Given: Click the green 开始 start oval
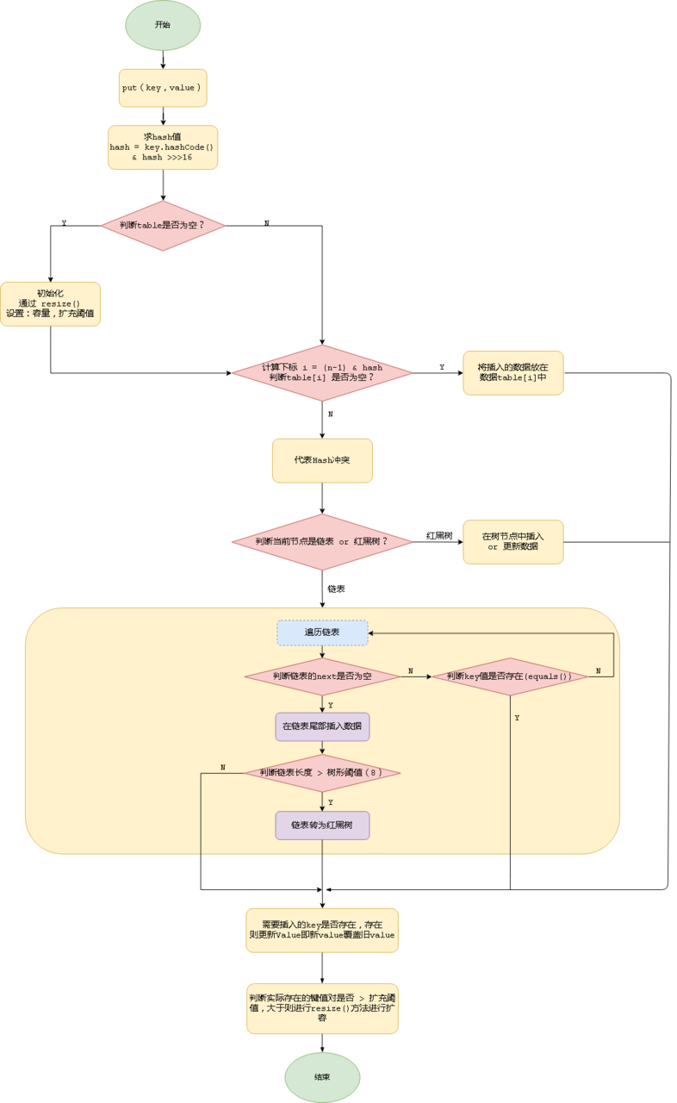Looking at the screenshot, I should pyautogui.click(x=163, y=25).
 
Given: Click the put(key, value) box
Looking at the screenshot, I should pyautogui.click(x=163, y=88).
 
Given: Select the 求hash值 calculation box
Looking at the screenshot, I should pyautogui.click(x=163, y=147).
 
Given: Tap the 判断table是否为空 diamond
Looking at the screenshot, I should pyautogui.click(x=163, y=226).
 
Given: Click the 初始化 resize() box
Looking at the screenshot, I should pyautogui.click(x=50, y=304).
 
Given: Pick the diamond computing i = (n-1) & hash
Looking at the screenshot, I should pyautogui.click(x=322, y=373).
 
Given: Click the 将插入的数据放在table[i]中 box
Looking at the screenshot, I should pyautogui.click(x=512, y=373).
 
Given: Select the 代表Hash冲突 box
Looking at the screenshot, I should pyautogui.click(x=322, y=460).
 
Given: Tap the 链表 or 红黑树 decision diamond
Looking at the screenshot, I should pyautogui.click(x=322, y=542).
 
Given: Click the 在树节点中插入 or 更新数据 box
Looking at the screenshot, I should pyautogui.click(x=512, y=542).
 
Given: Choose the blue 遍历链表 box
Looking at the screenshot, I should pyautogui.click(x=322, y=633).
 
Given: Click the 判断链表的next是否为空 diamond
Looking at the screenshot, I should pyautogui.click(x=322, y=676).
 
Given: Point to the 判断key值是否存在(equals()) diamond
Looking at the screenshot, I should pyautogui.click(x=509, y=676).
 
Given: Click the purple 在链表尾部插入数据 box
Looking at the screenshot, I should pyautogui.click(x=322, y=726).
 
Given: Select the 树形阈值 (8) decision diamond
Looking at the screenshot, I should pyautogui.click(x=322, y=773).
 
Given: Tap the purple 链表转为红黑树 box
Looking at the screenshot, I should pyautogui.click(x=322, y=826).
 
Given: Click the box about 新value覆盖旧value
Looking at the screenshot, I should pyautogui.click(x=322, y=930).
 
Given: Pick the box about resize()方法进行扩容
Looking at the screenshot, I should pyautogui.click(x=322, y=1008).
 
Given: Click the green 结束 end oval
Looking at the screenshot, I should pyautogui.click(x=322, y=1077).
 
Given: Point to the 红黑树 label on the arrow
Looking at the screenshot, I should pyautogui.click(x=439, y=536).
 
